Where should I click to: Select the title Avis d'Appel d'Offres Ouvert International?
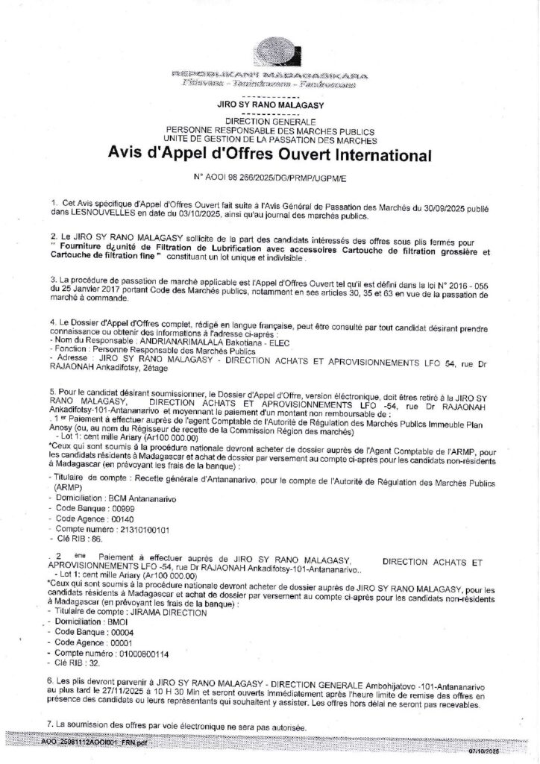point(269,157)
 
